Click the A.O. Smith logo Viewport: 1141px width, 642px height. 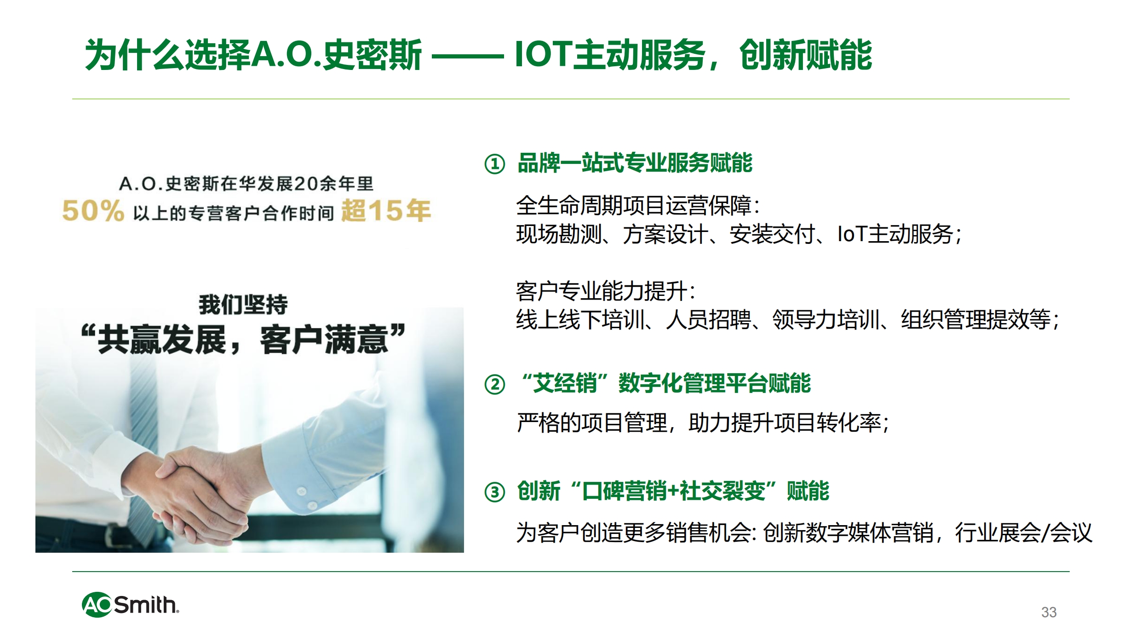pyautogui.click(x=130, y=604)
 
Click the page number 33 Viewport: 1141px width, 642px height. pyautogui.click(x=1049, y=612)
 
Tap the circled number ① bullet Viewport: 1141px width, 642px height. pyautogui.click(x=495, y=164)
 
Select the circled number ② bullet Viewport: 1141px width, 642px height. pyautogui.click(x=495, y=384)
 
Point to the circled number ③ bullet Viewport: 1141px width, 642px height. pyautogui.click(x=495, y=492)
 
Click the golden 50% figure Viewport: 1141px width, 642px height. pyautogui.click(x=93, y=211)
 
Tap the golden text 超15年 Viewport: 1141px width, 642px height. pyautogui.click(x=386, y=210)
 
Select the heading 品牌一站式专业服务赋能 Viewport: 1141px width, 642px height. pyautogui.click(x=635, y=163)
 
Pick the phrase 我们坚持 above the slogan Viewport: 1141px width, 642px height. pyautogui.click(x=243, y=304)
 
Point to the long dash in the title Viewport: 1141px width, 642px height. pyautogui.click(x=468, y=57)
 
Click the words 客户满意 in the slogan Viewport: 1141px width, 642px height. pyautogui.click(x=324, y=340)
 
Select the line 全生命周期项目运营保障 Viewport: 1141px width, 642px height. pyautogui.click(x=634, y=205)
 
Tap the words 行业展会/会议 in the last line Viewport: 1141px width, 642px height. pyautogui.click(x=1024, y=532)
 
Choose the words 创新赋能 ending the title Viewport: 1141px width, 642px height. pyautogui.click(x=806, y=55)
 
